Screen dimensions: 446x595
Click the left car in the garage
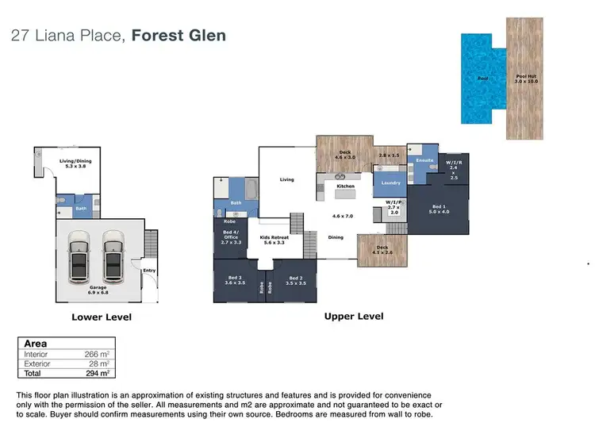click(79, 256)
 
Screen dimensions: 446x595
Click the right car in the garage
click(113, 256)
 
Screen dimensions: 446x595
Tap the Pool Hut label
click(526, 79)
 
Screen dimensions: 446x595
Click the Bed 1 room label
click(439, 208)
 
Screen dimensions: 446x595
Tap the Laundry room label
click(390, 183)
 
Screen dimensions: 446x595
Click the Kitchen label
click(346, 186)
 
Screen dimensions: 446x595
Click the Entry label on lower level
click(149, 271)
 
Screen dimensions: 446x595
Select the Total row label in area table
click(33, 372)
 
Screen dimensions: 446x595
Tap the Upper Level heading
click(353, 316)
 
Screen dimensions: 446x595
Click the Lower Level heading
click(102, 317)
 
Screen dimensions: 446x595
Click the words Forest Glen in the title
click(178, 35)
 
